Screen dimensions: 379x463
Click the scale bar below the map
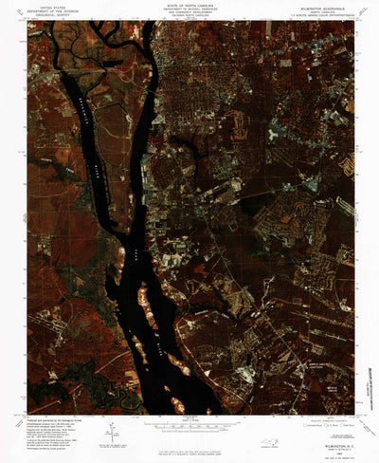(189, 423)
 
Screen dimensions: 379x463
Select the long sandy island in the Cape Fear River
(148, 309)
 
